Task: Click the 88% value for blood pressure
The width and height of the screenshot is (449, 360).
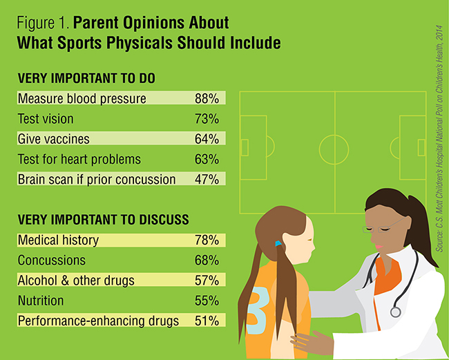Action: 207,99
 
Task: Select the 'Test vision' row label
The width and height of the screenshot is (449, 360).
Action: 46,119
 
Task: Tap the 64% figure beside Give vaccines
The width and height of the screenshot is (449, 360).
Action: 207,139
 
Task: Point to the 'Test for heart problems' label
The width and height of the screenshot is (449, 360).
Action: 79,160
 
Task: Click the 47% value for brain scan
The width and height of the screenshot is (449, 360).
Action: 207,180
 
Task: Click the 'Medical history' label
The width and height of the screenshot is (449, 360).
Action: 58,240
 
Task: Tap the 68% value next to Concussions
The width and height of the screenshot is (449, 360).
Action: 207,260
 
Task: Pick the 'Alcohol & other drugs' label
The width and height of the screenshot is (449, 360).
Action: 75,281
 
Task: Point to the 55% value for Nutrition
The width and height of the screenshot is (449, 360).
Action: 207,301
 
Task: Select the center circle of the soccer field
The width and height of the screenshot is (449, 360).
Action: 335,147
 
